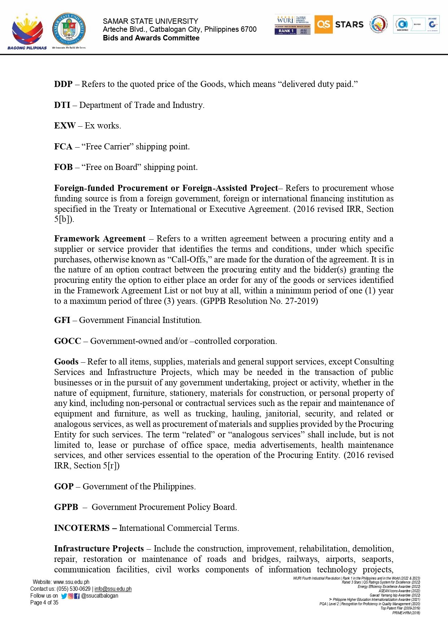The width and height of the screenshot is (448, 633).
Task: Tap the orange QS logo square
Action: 323,25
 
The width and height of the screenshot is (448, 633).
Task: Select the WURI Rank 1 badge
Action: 292,25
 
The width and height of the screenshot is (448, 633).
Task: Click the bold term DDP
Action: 64,84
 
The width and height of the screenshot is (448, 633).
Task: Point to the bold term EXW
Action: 65,126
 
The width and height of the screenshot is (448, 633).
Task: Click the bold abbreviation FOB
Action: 64,167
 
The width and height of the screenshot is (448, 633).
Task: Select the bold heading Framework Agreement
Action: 100,239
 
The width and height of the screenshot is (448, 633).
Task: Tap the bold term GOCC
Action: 68,341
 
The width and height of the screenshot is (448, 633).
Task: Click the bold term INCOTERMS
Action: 82,528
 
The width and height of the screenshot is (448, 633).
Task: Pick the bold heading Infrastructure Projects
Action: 99,549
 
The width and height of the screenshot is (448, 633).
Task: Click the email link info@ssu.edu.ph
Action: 113,589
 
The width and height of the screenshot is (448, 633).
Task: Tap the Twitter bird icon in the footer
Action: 64,596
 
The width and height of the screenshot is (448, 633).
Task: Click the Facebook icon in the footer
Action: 77,596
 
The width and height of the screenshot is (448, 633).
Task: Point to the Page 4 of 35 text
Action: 44,603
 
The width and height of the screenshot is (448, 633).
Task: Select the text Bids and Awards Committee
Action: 151,38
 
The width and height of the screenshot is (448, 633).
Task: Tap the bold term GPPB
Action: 66,507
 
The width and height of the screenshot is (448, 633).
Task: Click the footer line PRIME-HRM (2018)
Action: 406,613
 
